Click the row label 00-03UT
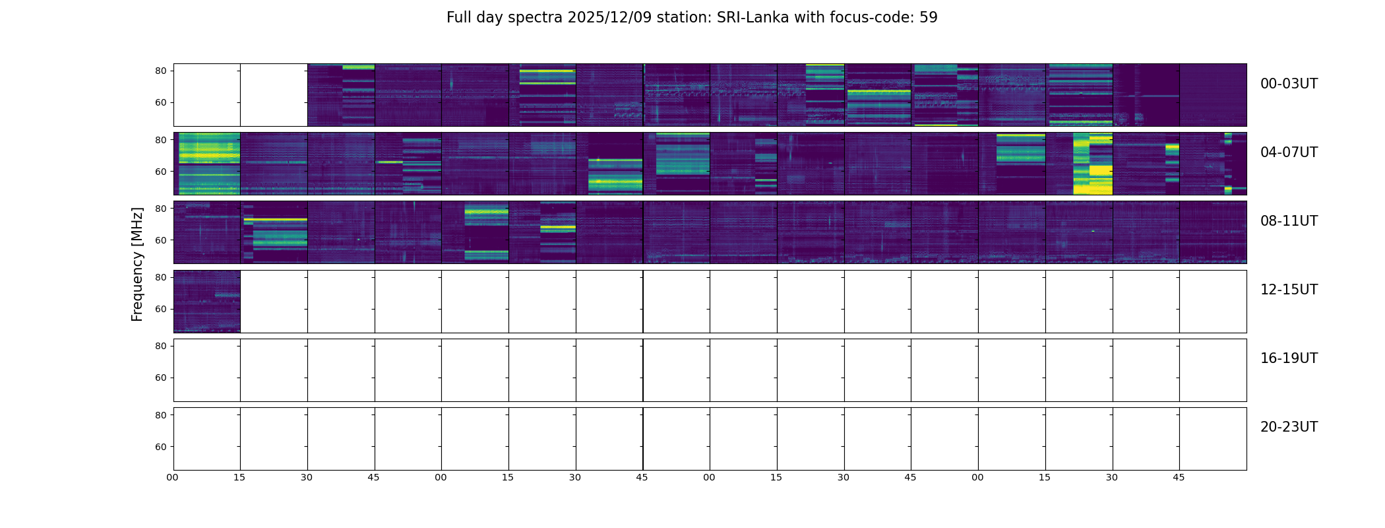(1289, 84)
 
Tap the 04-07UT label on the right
(1289, 152)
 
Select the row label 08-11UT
(1289, 221)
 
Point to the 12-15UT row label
(1289, 290)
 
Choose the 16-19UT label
(1289, 358)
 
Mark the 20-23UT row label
(1289, 427)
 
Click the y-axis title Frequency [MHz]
(137, 264)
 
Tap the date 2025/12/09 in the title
(609, 18)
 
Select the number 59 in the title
(928, 18)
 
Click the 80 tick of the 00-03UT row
(161, 71)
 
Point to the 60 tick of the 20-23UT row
(161, 447)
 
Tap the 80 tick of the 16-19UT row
(161, 346)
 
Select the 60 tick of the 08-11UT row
(161, 240)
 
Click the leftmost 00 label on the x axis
(173, 477)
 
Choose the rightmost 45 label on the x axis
(1179, 477)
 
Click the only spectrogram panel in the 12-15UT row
(206, 301)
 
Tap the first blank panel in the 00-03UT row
(206, 94)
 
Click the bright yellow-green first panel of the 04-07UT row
(206, 163)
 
